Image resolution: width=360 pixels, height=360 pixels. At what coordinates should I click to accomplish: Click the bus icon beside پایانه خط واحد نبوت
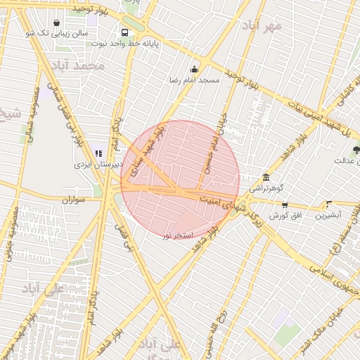[124, 32]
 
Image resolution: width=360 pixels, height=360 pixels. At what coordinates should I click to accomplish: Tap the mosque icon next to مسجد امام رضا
[195, 69]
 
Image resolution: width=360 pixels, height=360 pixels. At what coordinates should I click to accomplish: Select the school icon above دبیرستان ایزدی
[98, 153]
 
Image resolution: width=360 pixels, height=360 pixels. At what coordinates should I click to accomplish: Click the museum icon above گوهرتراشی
[266, 178]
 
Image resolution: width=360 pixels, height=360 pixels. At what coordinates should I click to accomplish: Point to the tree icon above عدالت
[356, 149]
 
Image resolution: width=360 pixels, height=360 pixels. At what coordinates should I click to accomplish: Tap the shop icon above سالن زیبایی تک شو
[56, 22]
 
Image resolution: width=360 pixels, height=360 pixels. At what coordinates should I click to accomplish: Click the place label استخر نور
[177, 234]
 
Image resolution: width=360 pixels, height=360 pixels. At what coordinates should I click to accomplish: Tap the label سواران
[72, 200]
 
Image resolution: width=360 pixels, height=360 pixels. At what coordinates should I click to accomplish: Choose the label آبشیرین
[328, 215]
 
